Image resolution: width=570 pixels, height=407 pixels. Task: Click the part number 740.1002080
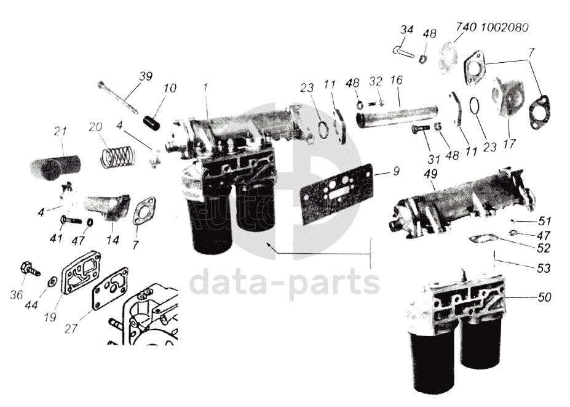(x=492, y=28)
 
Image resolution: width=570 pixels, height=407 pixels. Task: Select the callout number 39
(x=145, y=77)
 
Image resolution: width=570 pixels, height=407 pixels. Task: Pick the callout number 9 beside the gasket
(x=396, y=171)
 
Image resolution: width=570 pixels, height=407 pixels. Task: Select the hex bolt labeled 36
(x=30, y=268)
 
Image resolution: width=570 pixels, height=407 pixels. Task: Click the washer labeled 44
(x=52, y=280)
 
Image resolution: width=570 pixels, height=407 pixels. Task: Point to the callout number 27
(x=71, y=328)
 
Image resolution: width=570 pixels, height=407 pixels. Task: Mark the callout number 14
(x=114, y=241)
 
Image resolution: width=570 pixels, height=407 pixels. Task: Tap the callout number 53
(x=544, y=268)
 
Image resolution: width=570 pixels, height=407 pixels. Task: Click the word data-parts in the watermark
(x=285, y=283)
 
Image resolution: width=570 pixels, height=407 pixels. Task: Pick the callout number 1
(x=206, y=87)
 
